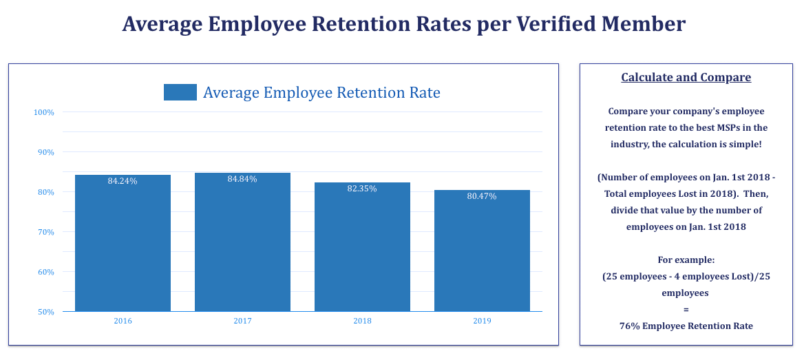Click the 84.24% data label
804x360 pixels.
click(123, 181)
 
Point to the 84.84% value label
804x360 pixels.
click(242, 179)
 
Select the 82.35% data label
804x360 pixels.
click(362, 189)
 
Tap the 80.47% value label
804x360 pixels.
click(482, 196)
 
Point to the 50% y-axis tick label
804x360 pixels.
click(45, 312)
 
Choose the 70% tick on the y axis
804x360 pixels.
click(45, 232)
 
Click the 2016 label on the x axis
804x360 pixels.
click(123, 321)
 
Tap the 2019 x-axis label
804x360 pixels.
click(482, 321)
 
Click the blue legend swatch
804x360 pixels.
click(180, 92)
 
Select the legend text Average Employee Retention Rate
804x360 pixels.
click(321, 92)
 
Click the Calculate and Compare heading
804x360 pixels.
click(686, 77)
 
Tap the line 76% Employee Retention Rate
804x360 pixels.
click(686, 326)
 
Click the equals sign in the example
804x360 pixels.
click(686, 309)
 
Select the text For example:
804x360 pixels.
click(686, 260)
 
